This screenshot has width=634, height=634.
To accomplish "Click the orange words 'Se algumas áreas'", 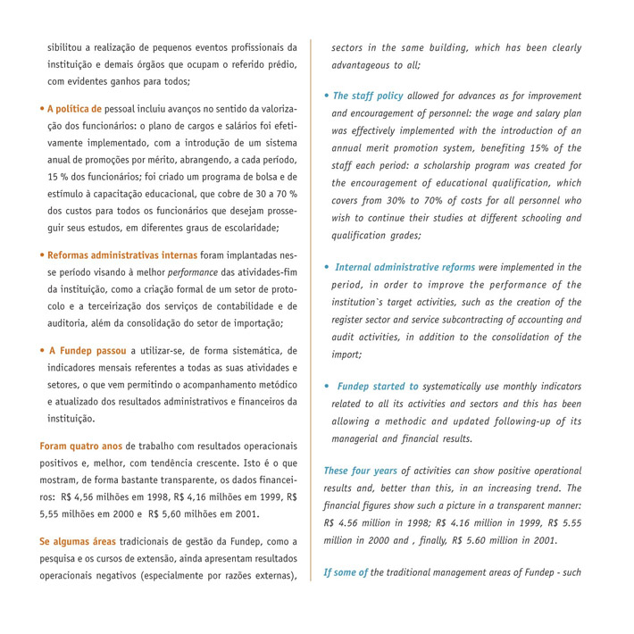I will click(x=78, y=541).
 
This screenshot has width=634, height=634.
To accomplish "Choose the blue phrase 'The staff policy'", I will click(x=368, y=96).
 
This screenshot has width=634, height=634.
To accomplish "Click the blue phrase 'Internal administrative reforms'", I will click(x=405, y=267).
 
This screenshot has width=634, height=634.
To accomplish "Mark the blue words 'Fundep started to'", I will click(x=378, y=387).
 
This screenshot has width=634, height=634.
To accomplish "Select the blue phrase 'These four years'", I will click(x=360, y=471).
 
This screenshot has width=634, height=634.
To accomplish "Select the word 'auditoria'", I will click(x=73, y=323).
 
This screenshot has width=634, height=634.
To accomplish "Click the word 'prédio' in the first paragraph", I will click(x=281, y=64).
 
